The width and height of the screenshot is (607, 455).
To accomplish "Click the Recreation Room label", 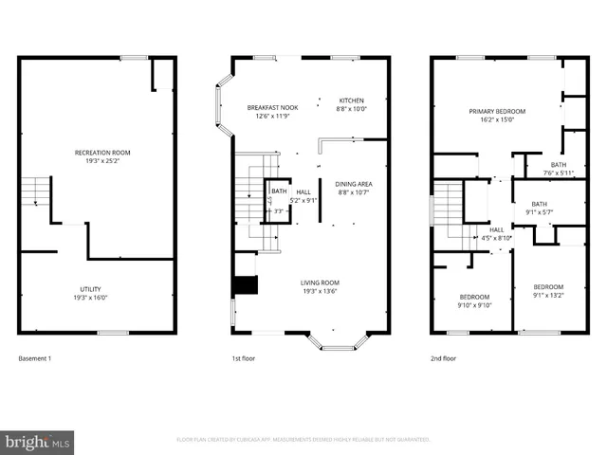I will pos(102,153).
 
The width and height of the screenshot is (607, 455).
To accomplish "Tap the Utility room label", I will pos(91,289).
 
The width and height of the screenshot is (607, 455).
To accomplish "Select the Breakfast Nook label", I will pos(272,107).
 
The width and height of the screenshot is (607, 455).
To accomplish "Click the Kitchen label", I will pos(351,100).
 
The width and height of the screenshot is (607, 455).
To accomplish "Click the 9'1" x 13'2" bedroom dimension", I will pos(547,296).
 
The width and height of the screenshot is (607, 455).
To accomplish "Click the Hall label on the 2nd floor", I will pos(497,229).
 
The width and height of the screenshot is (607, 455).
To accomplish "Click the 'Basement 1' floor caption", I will pos(35,358).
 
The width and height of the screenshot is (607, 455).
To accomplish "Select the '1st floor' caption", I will pos(245,358).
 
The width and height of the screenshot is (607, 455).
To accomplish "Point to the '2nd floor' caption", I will pos(444,358).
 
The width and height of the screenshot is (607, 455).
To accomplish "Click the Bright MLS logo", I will pos(37,441).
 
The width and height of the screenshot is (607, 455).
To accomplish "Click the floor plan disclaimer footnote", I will pos(303,440).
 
